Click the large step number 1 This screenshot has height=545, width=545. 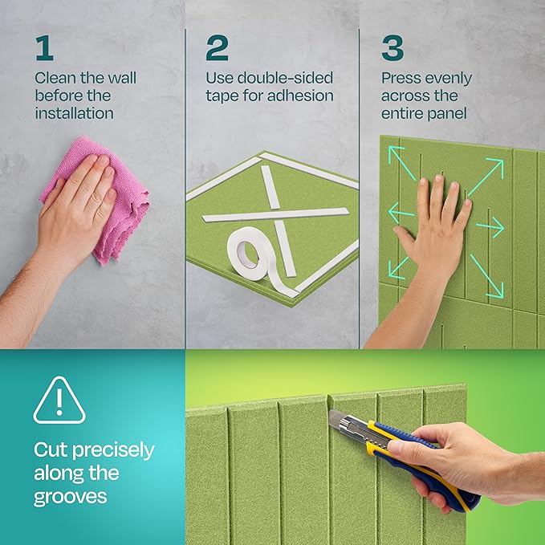[43, 48]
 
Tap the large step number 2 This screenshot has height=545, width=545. [217, 48]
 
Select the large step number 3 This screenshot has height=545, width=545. [392, 48]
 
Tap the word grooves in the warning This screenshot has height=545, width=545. [71, 497]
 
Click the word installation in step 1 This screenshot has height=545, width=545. [74, 113]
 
